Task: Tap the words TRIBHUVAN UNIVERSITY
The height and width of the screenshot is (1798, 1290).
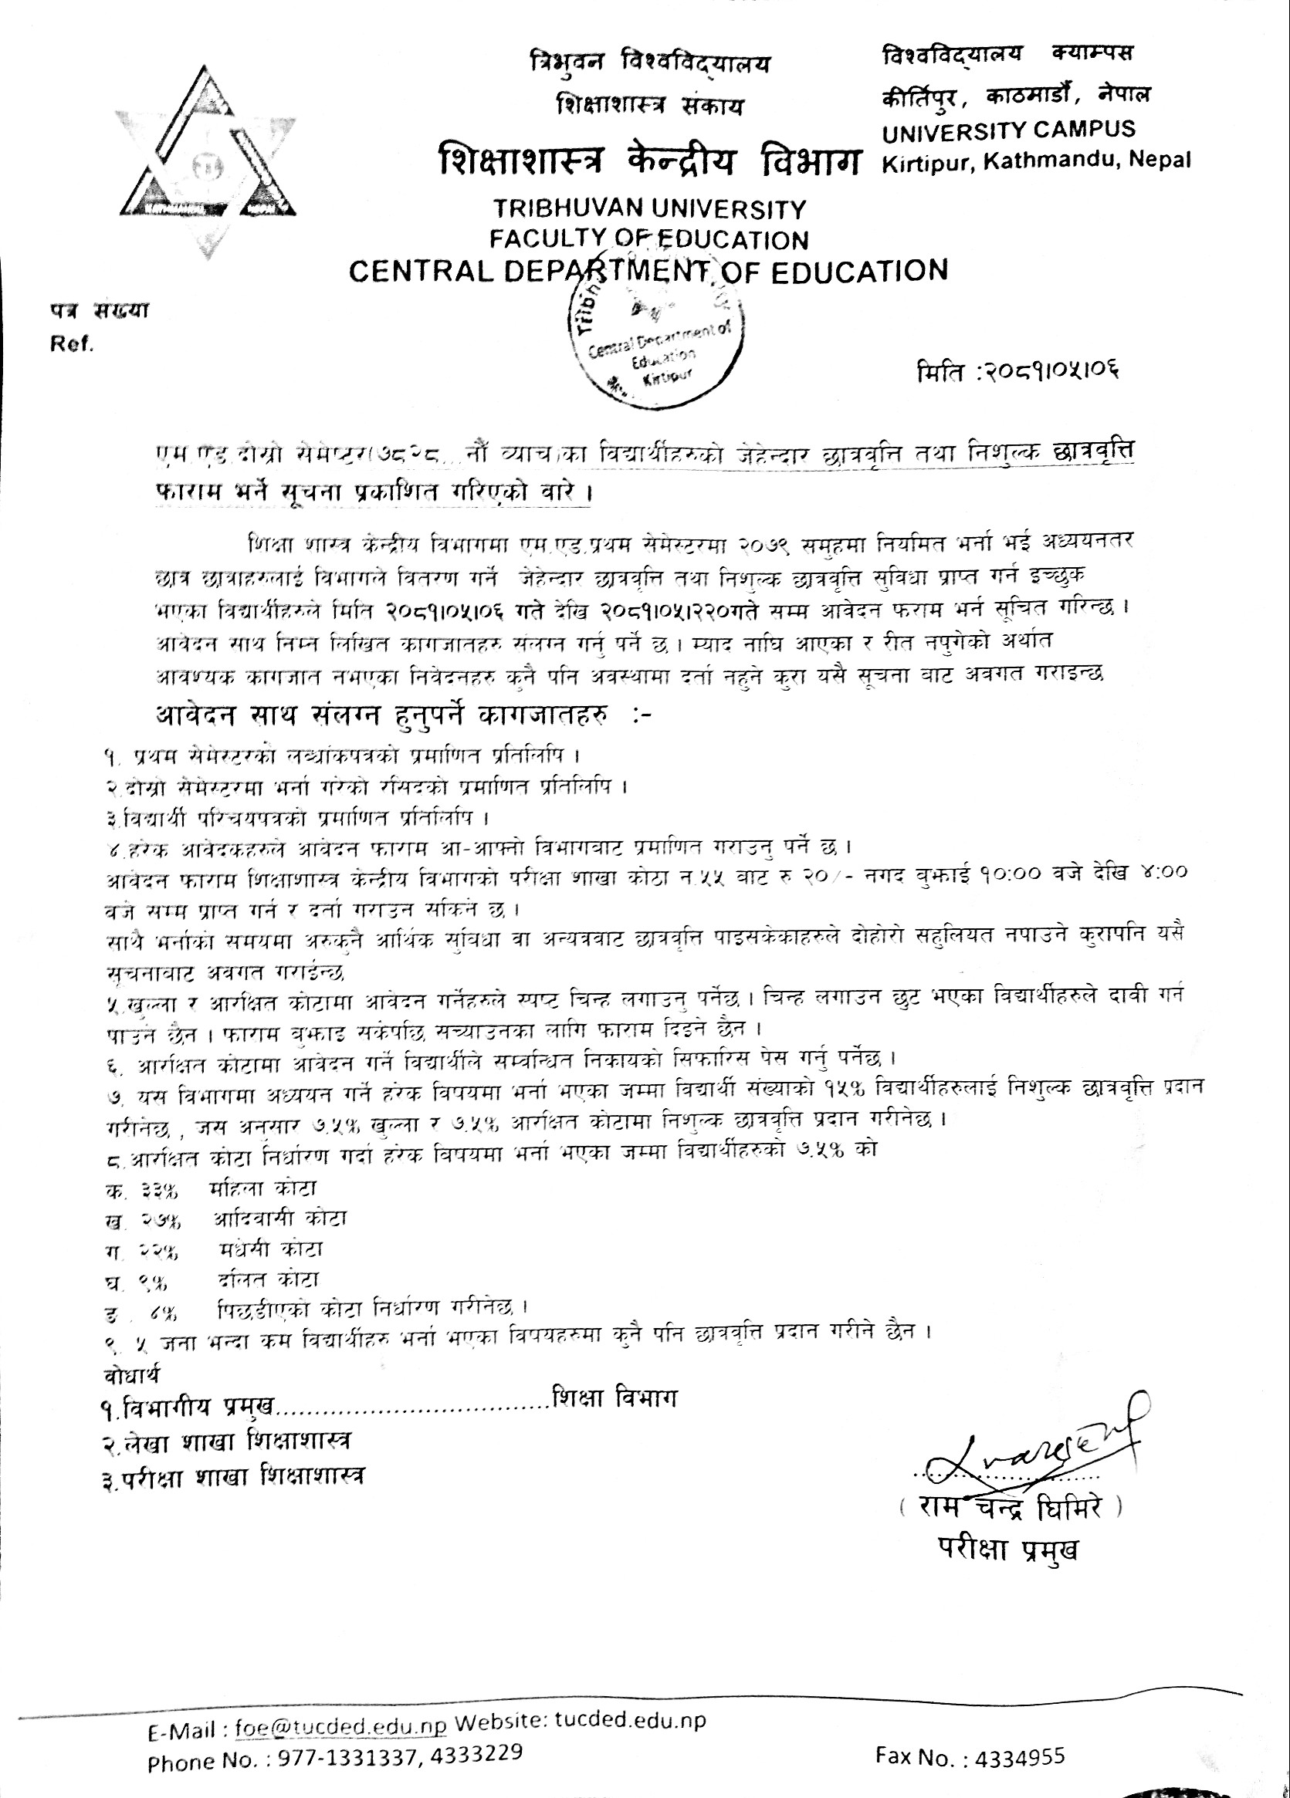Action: (649, 209)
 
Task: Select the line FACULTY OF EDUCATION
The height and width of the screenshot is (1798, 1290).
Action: (648, 238)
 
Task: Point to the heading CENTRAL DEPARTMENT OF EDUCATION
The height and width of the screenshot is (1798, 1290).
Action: (648, 271)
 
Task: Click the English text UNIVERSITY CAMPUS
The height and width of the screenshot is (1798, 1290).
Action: (1008, 129)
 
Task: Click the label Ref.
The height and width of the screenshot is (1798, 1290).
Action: (72, 344)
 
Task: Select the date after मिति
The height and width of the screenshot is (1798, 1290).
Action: (1051, 370)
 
